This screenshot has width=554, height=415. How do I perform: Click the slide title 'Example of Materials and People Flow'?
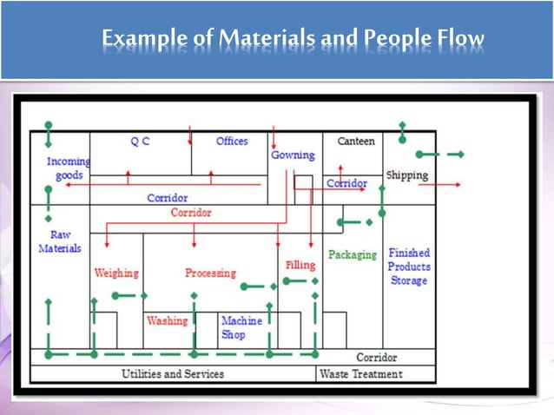click(293, 40)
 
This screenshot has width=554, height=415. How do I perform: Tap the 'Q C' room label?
click(140, 142)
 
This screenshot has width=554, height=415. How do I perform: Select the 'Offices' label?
click(232, 141)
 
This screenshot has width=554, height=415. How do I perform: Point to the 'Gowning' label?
click(293, 155)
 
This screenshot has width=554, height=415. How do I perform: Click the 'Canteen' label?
click(355, 141)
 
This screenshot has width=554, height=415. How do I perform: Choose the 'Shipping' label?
click(406, 175)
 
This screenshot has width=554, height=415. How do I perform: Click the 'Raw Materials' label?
click(60, 241)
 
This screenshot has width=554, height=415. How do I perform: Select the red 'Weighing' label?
click(115, 273)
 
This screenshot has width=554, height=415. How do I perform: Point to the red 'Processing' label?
click(210, 273)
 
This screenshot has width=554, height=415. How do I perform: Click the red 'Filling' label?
click(300, 265)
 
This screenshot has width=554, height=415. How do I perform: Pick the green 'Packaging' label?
click(353, 255)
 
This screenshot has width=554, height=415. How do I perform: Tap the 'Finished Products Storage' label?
click(408, 267)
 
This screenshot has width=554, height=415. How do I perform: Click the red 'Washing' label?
click(167, 320)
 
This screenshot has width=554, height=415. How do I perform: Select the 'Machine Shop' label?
click(240, 327)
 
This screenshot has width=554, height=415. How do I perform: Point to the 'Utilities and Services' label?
click(172, 374)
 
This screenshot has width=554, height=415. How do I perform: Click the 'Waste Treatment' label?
click(360, 374)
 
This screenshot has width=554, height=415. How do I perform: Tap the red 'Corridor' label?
click(190, 213)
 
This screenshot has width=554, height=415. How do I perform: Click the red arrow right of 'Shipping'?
click(451, 185)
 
